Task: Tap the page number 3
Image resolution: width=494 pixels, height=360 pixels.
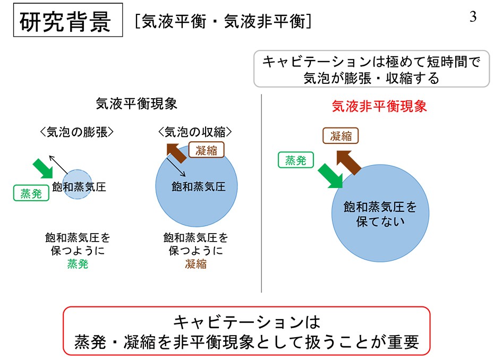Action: coord(473,16)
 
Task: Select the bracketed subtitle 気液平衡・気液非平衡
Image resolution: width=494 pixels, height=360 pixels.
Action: coord(224,22)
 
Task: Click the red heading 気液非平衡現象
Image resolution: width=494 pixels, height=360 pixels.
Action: coord(379,106)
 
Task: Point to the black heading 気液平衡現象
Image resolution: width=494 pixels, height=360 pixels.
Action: coord(137,104)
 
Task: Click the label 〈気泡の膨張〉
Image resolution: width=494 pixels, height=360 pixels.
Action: coord(76,132)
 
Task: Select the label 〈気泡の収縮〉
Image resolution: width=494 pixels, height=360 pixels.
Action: coord(195,132)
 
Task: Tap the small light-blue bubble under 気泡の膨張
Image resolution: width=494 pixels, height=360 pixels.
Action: coord(77,184)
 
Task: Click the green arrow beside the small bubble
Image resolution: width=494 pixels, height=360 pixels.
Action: coord(44,168)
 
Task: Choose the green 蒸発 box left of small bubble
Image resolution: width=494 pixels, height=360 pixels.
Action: coord(31,193)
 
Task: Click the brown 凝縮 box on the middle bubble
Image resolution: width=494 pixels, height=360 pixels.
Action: coord(206,150)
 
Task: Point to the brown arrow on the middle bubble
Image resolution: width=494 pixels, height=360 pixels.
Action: coord(176,153)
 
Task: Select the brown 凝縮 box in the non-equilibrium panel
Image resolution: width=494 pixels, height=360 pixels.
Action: coord(340,136)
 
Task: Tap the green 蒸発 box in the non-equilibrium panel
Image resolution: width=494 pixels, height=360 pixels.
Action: coord(296,160)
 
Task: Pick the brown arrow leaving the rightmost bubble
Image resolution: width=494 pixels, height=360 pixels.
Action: coord(349,162)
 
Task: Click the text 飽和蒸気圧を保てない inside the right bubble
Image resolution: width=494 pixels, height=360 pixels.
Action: coord(380,214)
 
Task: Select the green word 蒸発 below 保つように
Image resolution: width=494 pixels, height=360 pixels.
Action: coord(78,263)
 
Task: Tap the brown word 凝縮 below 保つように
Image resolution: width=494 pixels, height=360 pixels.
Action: coord(195,263)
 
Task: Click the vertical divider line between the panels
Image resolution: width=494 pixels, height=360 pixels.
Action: coord(261,193)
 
